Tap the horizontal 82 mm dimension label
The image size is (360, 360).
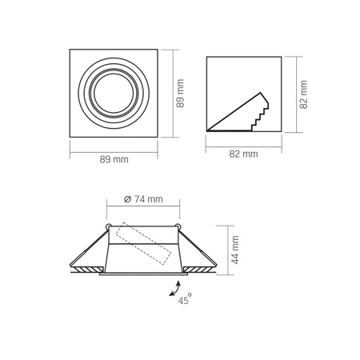point(243,152)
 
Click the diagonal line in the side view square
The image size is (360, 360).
point(231,111)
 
